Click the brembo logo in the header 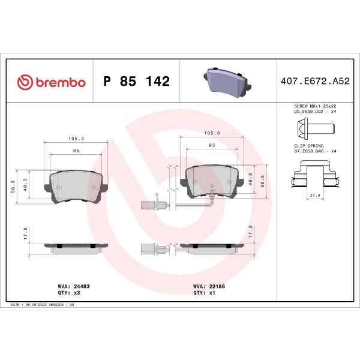coord(51,82)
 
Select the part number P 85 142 coord(137,82)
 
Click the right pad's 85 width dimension coord(212,145)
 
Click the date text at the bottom coord(42,305)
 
